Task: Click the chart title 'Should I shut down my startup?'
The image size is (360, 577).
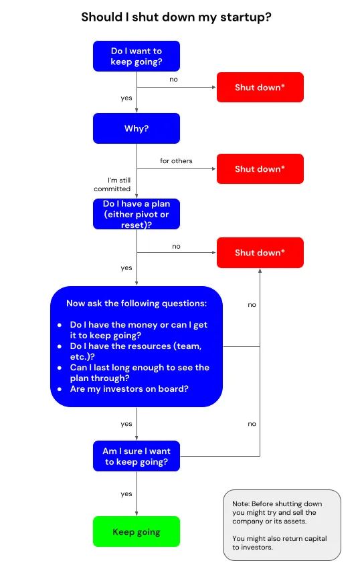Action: pos(176,17)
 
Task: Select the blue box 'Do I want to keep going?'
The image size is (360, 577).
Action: pos(137,56)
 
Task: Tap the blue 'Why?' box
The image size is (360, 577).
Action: pos(137,128)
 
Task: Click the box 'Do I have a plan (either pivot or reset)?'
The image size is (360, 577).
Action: pos(137,214)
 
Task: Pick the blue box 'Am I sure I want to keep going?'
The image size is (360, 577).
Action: pos(137,456)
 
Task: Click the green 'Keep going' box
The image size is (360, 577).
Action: pos(137,532)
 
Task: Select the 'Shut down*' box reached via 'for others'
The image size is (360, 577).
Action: pos(260,169)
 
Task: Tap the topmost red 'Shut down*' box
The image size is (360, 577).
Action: pos(260,87)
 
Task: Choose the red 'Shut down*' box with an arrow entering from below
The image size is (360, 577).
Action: pos(260,253)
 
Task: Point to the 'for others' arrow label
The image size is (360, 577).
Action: pos(176,161)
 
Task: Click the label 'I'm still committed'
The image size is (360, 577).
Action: pos(112,185)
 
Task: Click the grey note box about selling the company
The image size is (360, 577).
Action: pos(282,525)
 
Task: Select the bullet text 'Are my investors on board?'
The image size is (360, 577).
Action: pos(129,389)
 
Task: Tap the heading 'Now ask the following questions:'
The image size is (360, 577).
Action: pos(137,304)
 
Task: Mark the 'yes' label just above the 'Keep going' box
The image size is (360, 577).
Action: pos(126,494)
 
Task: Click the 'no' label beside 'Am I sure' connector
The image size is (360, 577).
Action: pos(252,424)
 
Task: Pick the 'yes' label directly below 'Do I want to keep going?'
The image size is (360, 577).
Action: pos(126,98)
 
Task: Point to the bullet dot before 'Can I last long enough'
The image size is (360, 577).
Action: pos(60,368)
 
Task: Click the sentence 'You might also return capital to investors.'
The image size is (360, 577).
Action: pos(280,543)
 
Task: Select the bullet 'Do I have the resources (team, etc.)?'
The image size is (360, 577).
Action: pos(136,351)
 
